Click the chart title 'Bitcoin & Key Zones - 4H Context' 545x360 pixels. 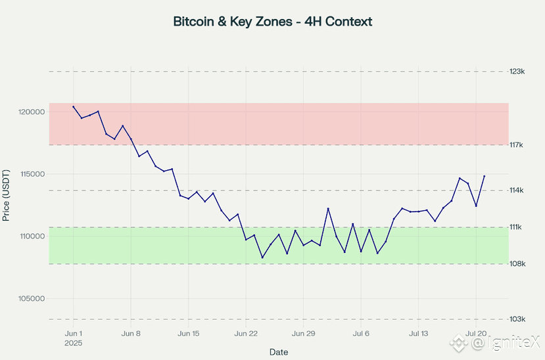pos(272,22)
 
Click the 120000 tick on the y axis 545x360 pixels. pos(30,112)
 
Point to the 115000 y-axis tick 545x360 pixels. pos(30,174)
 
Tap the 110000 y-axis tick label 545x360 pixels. pos(30,236)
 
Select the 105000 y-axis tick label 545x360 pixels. pos(30,298)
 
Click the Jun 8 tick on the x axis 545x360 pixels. pos(131,334)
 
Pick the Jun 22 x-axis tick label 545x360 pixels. pos(246,334)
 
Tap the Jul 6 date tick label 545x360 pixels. pos(361,334)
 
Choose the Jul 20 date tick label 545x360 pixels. pos(476,334)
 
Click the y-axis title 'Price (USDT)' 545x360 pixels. pos(7,196)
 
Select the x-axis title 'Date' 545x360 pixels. pos(279,352)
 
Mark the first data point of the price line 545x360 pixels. pos(74,106)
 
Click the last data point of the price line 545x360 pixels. pos(485,176)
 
